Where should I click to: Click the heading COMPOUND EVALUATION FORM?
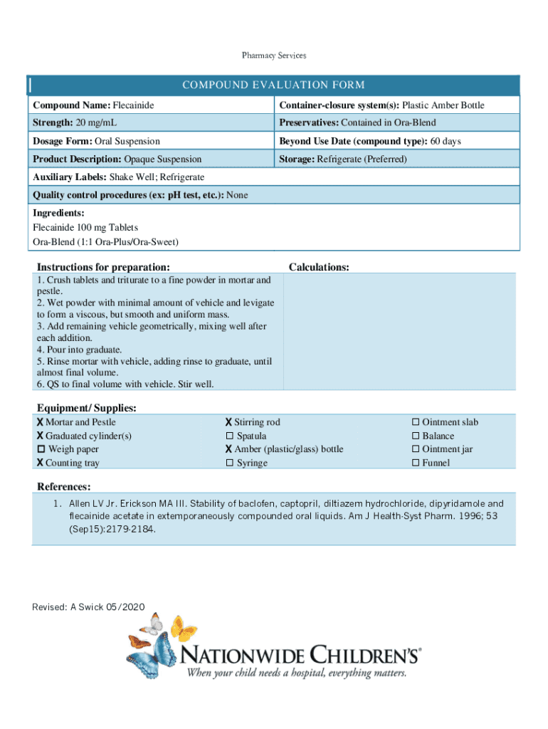tap(273, 85)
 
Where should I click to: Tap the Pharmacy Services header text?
tap(274, 55)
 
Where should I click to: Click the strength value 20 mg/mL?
tap(95, 123)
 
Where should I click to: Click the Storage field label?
tap(297, 159)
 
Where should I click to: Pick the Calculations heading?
tap(318, 267)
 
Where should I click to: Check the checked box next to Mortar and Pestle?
tap(41, 423)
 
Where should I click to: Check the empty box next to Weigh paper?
tap(41, 449)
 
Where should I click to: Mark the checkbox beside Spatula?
tap(230, 436)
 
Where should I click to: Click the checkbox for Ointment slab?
tap(416, 423)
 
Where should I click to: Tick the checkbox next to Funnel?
tap(416, 463)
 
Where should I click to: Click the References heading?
tap(63, 486)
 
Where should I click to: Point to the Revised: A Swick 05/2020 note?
tap(88, 607)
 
